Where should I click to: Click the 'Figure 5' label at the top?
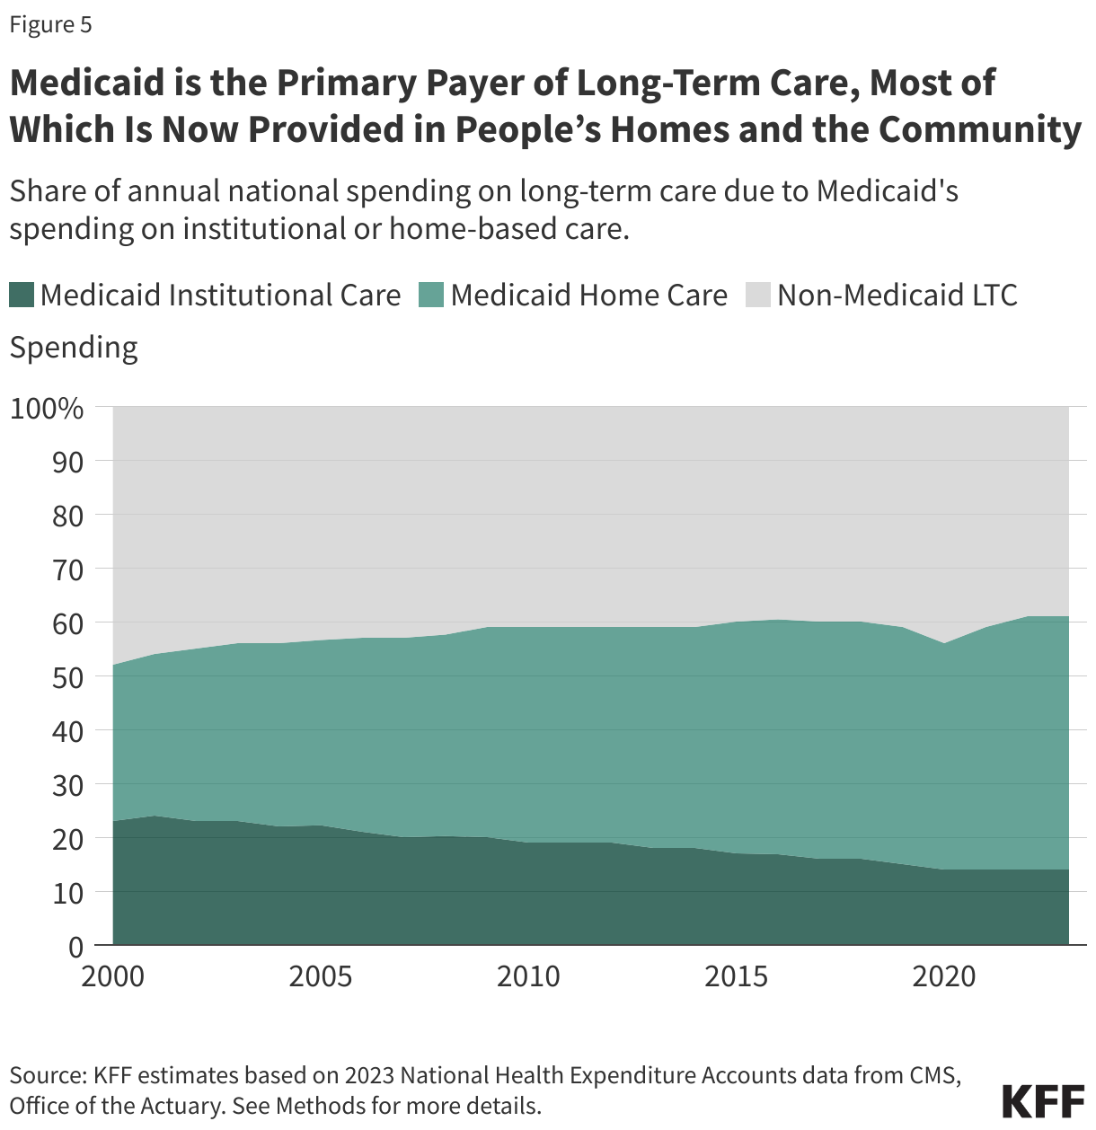point(50,24)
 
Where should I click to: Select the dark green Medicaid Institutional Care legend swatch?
point(22,295)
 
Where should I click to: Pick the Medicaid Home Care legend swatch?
point(431,295)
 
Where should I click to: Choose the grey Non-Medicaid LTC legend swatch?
point(758,295)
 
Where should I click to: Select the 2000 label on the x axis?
point(113,976)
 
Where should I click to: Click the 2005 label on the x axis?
point(321,976)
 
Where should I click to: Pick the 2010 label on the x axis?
point(528,976)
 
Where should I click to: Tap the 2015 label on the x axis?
point(737,976)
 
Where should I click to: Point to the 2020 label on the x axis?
point(944,976)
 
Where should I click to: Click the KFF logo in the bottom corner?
point(1042,1100)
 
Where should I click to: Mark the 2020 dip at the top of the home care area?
point(944,644)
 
